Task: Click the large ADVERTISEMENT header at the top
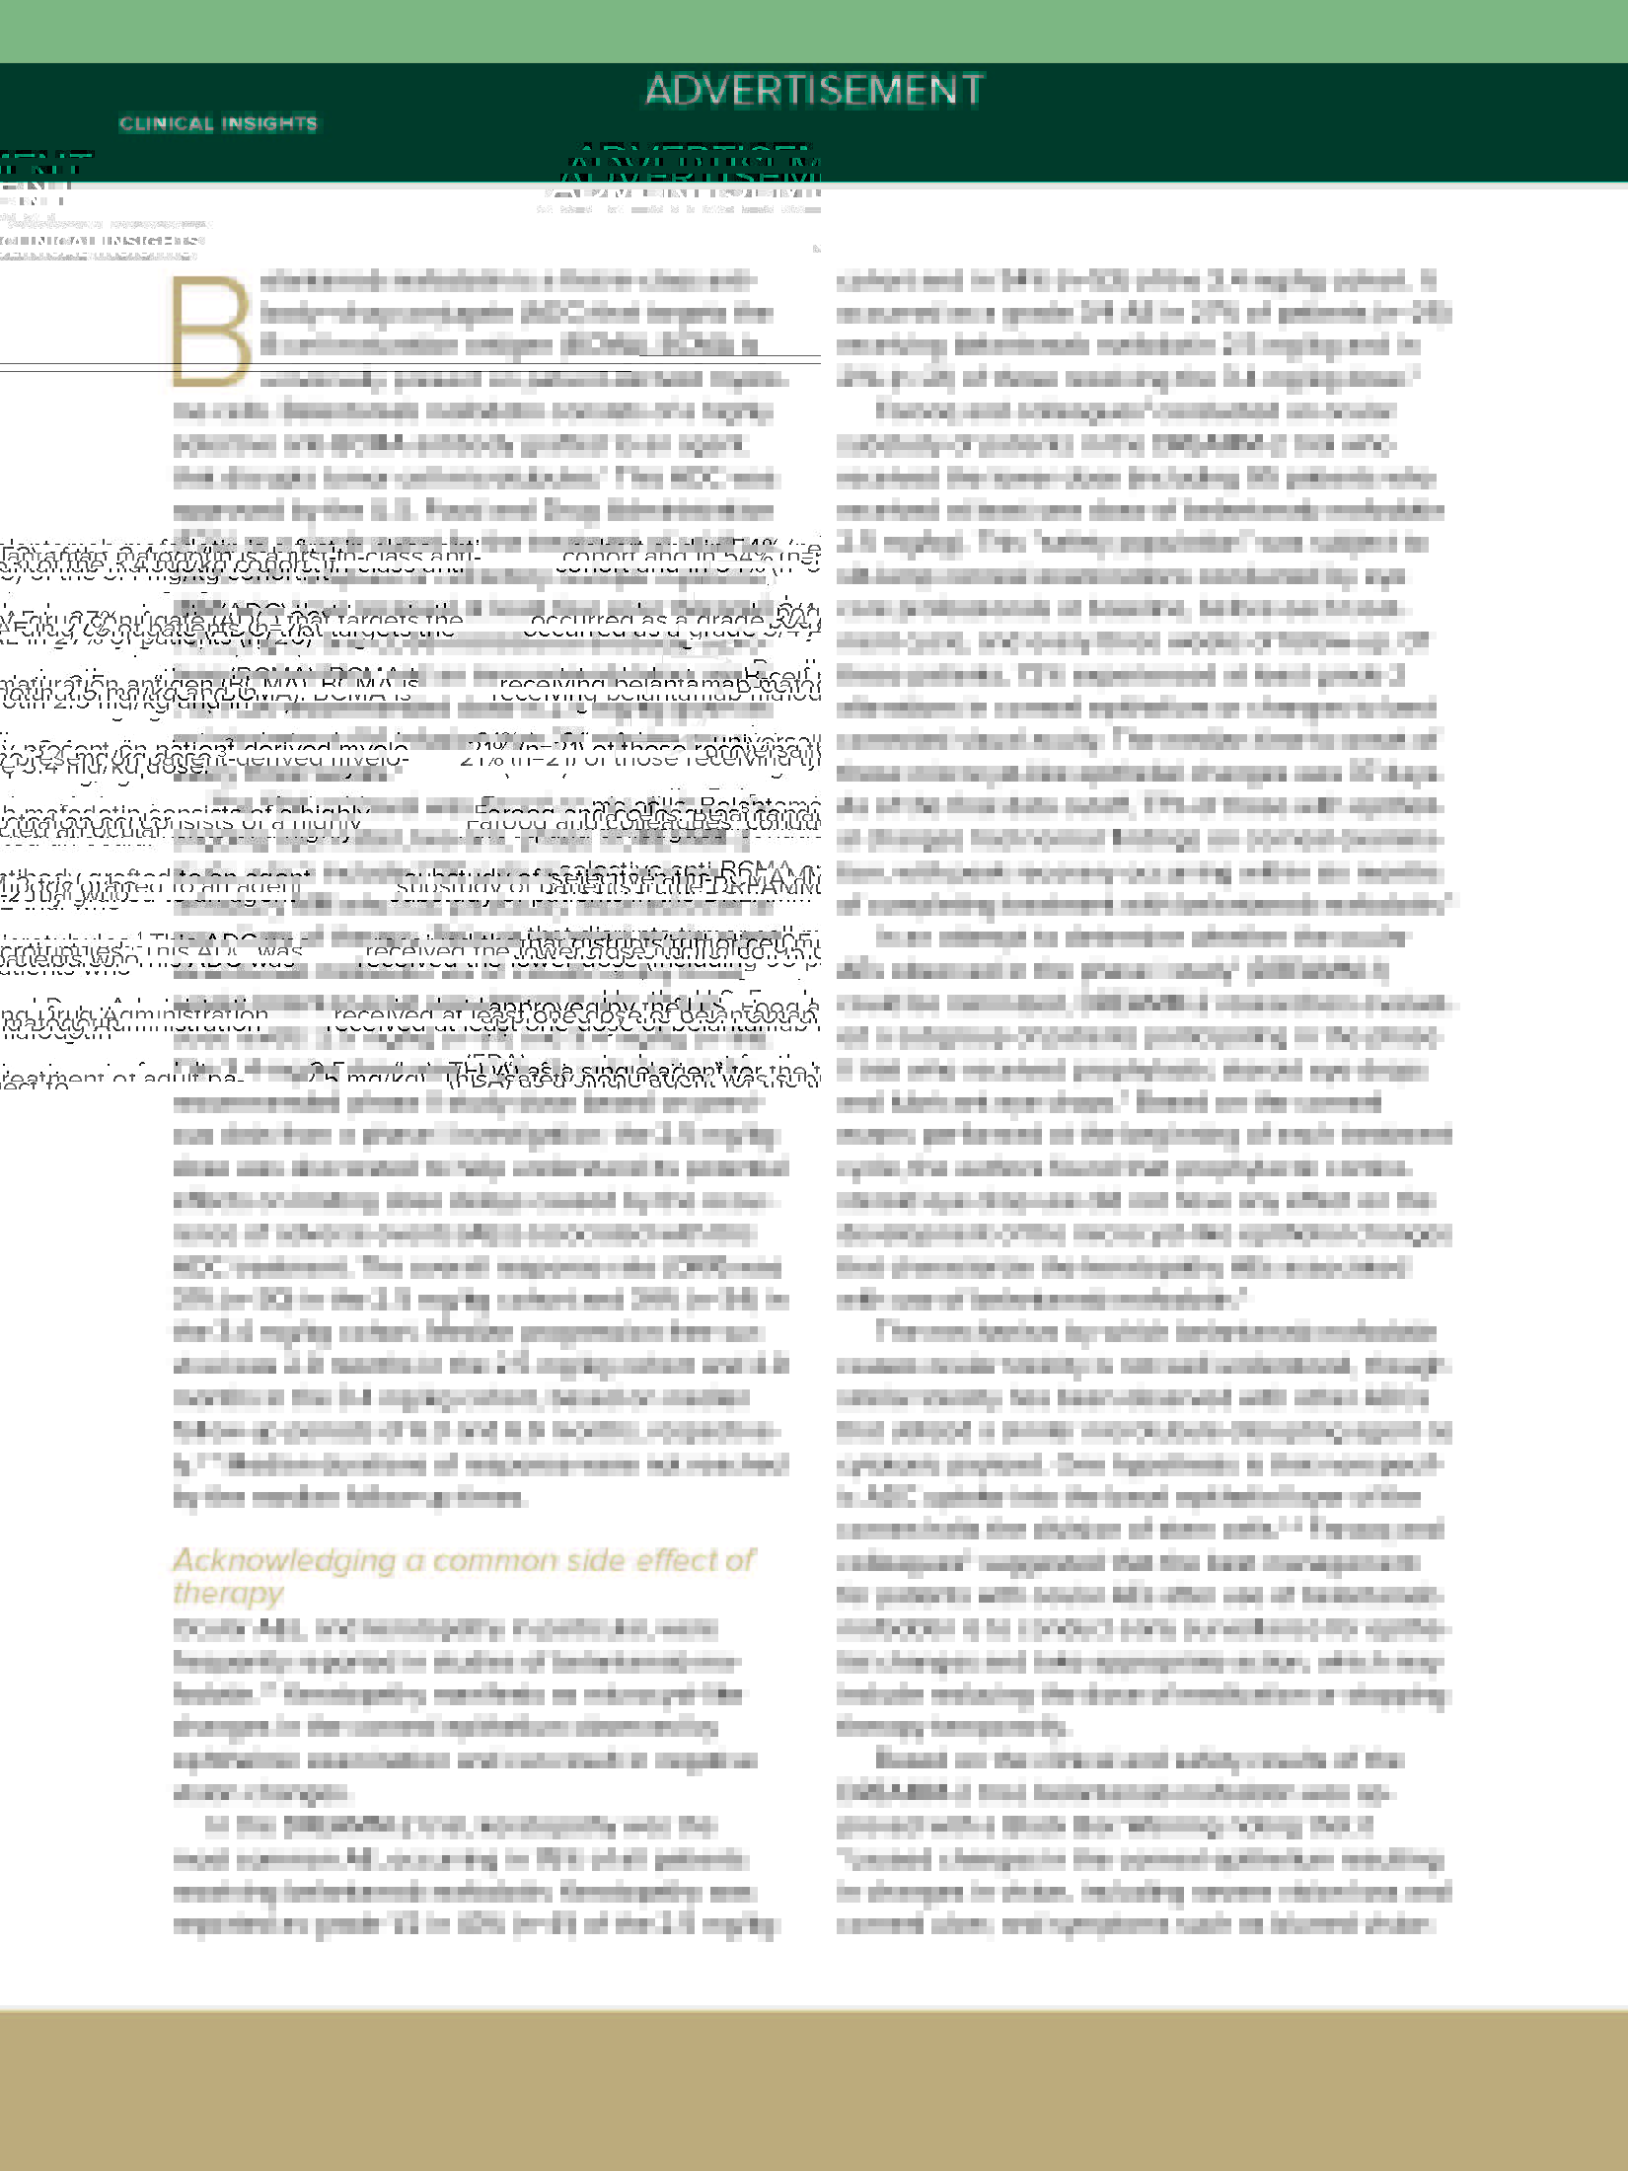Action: tap(814, 90)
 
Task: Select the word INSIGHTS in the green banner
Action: tap(268, 124)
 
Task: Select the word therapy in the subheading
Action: tap(228, 1594)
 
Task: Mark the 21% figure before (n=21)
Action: tap(480, 757)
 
